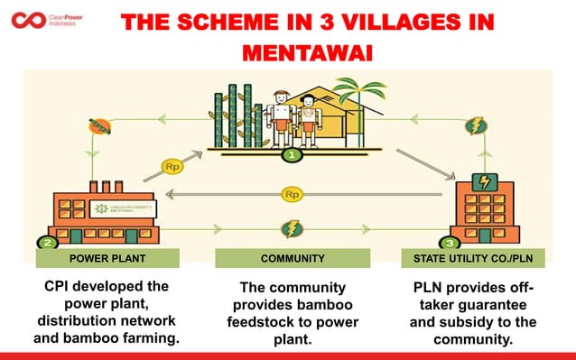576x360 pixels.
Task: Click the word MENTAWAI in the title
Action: pos(308,52)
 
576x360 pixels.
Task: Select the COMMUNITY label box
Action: pos(292,259)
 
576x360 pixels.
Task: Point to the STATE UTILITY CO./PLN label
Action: pos(478,259)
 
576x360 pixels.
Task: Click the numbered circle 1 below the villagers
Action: pos(291,154)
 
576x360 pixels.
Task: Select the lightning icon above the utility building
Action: pos(476,126)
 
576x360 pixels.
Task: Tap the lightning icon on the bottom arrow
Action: pos(292,229)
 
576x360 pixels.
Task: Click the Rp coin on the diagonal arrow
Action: pos(172,166)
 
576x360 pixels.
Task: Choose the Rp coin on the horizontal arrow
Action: pos(292,194)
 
